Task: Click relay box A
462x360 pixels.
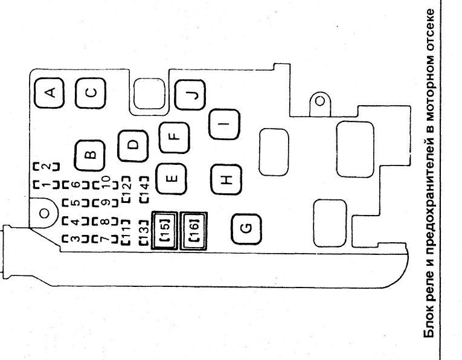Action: (49, 93)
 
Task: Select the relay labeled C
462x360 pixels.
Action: (90, 93)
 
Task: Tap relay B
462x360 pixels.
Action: (89, 155)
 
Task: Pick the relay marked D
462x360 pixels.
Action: (133, 146)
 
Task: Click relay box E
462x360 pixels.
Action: (171, 179)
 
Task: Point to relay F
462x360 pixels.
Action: (174, 137)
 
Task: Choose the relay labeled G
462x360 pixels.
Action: (246, 229)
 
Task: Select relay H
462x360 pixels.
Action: (226, 179)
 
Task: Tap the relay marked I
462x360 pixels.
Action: (224, 124)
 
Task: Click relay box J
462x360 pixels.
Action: (190, 95)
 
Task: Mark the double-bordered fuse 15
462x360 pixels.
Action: (164, 231)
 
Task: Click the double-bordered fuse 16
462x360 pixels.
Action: (193, 231)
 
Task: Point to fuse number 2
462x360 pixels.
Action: (46, 167)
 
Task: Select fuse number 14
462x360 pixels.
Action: (144, 190)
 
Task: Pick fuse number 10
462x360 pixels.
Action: (106, 182)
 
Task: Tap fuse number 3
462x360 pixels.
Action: (75, 239)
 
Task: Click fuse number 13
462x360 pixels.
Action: (144, 232)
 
